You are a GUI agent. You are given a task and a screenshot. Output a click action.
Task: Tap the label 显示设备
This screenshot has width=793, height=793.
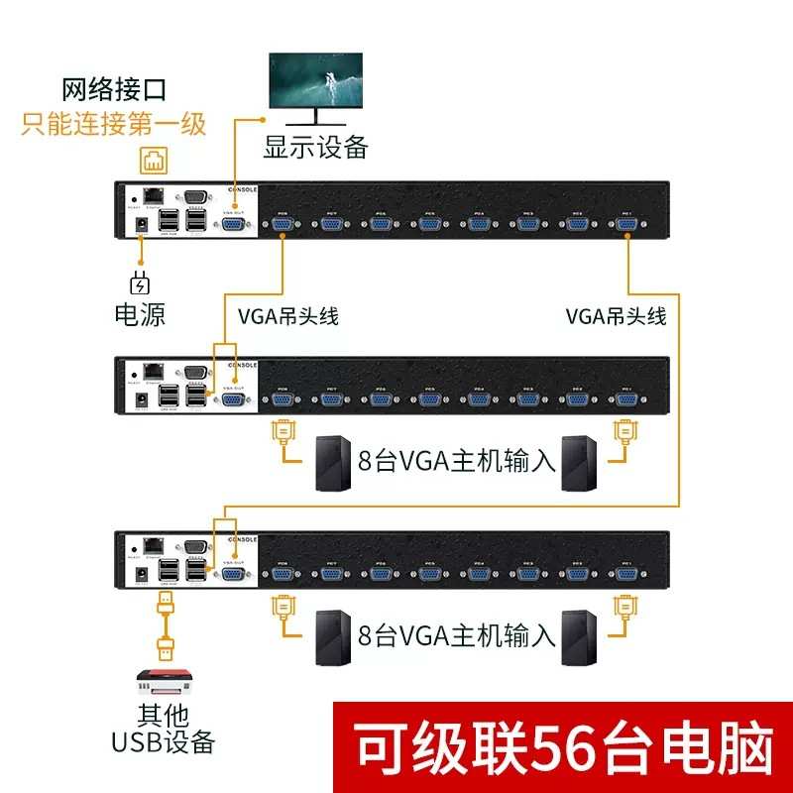[x=315, y=148]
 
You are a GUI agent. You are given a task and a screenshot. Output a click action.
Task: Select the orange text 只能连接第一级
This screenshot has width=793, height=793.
[x=113, y=124]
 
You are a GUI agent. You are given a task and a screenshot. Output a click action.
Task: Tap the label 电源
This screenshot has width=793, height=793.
[x=139, y=315]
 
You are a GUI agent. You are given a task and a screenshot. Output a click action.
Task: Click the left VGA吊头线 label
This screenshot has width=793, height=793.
[x=288, y=317]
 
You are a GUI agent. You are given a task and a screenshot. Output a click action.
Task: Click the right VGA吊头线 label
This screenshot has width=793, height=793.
[x=616, y=317]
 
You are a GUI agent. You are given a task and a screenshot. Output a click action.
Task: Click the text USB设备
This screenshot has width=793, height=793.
[x=165, y=741]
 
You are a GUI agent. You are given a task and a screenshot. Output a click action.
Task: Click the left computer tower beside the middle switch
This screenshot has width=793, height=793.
[x=332, y=462]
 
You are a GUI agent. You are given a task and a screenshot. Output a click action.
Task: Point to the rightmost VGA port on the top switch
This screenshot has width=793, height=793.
[x=625, y=225]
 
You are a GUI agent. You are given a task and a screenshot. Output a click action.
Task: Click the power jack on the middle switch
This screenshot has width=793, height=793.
[x=141, y=399]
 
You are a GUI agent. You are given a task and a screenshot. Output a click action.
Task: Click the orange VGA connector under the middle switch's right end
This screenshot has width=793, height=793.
[x=624, y=433]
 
